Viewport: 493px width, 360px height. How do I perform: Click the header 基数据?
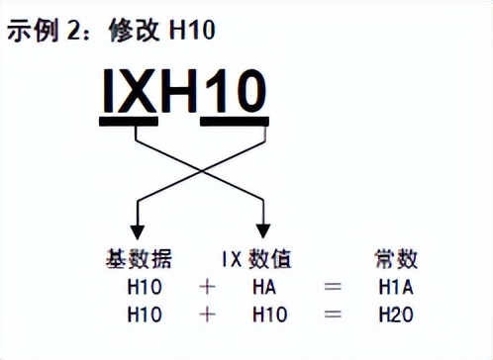pyautogui.click(x=139, y=260)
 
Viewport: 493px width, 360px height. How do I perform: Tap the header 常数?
pyautogui.click(x=397, y=260)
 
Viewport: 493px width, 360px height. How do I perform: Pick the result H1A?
pyautogui.click(x=396, y=288)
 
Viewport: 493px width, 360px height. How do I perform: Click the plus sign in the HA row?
pyautogui.click(x=206, y=288)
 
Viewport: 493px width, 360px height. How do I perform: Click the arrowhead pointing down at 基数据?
pyautogui.click(x=138, y=225)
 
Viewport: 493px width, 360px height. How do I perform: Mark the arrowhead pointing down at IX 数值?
pyautogui.click(x=264, y=225)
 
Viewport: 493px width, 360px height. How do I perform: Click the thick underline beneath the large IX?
pyautogui.click(x=129, y=123)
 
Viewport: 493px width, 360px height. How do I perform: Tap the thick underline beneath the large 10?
pyautogui.click(x=234, y=123)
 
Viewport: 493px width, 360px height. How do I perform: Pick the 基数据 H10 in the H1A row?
pyautogui.click(x=146, y=288)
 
